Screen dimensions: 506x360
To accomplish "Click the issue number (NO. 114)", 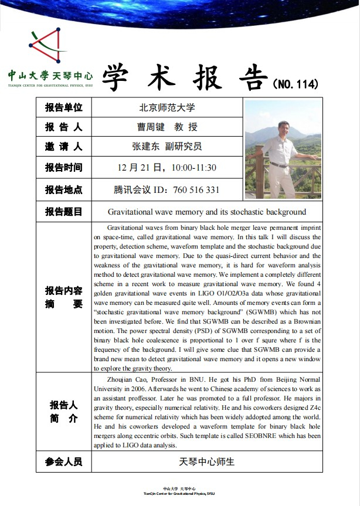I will [x=296, y=84].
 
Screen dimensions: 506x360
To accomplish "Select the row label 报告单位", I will [x=64, y=108].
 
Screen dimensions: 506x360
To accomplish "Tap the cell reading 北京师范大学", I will [x=167, y=108].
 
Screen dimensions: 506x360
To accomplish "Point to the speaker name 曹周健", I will [x=151, y=127].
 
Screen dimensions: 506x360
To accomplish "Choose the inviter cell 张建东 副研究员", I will [x=167, y=147].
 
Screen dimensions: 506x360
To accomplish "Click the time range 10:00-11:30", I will [x=193, y=168].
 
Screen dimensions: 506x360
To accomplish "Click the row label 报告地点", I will [x=64, y=189].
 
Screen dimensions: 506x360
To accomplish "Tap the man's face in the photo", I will [x=284, y=127].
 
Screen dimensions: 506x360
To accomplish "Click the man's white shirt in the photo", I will [x=282, y=150].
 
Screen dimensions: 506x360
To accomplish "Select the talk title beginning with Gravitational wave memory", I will [x=207, y=212].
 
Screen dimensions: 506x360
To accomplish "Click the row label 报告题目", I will [x=64, y=212].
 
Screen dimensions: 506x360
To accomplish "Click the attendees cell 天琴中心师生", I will [x=207, y=461].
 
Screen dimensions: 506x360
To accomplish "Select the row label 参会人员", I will [x=64, y=461].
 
